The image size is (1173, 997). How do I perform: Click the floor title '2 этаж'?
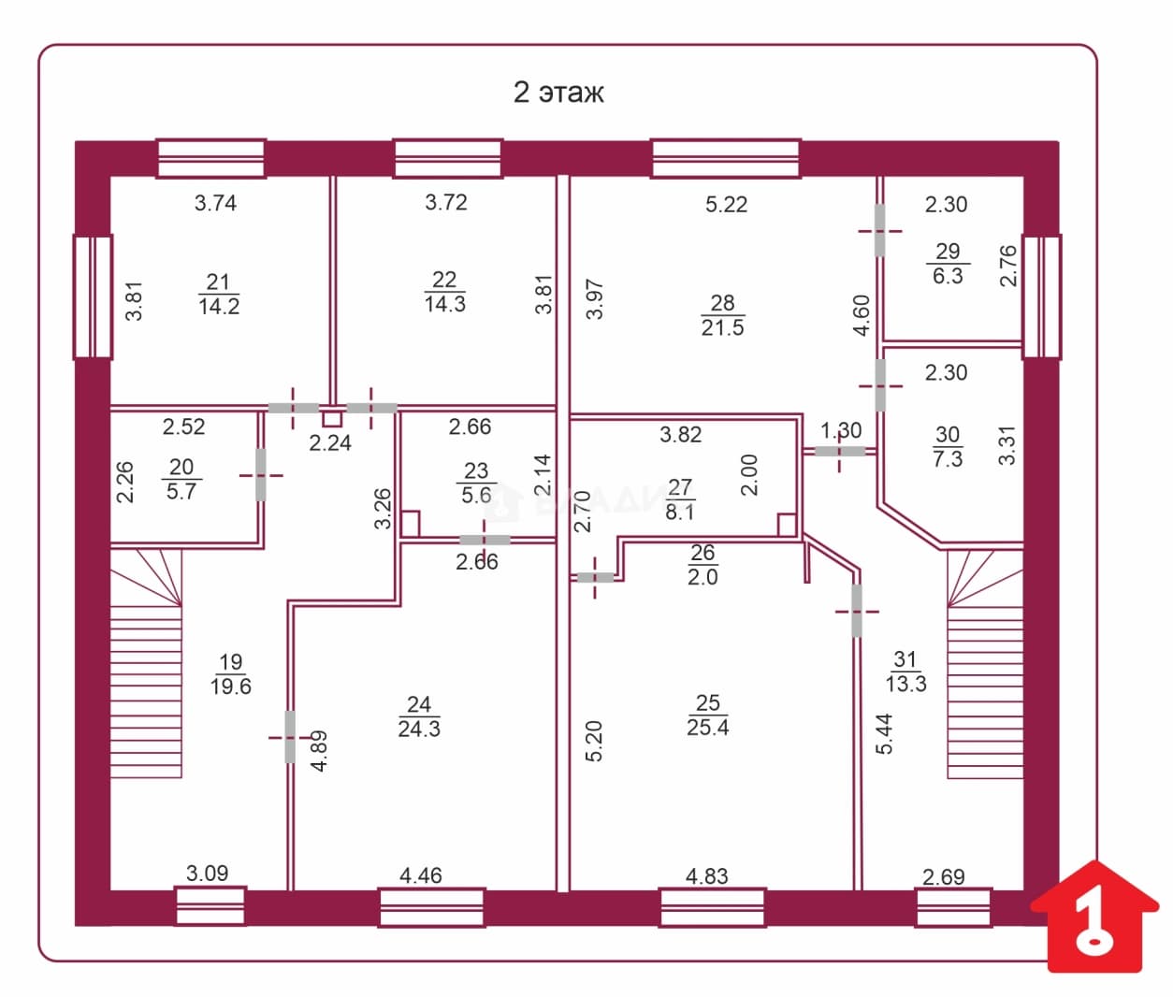point(558,93)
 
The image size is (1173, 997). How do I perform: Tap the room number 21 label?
point(218,282)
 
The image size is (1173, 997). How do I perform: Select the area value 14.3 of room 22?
point(445,304)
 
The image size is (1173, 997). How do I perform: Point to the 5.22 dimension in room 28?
point(727,204)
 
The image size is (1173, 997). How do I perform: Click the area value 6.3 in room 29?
point(948,276)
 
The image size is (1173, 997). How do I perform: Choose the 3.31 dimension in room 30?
point(1006,445)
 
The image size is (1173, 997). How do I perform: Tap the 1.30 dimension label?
point(841,430)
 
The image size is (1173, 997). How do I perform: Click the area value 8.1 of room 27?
point(679,513)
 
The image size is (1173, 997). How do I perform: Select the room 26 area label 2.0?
point(702,577)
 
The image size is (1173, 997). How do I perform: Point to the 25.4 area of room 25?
point(708,727)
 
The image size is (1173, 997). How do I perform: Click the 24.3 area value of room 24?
point(419,729)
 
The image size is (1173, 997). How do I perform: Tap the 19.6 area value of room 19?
point(230,686)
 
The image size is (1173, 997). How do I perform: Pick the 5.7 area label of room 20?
point(181,491)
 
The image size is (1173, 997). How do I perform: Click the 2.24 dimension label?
point(329,442)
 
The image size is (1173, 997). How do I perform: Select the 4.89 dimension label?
point(320,751)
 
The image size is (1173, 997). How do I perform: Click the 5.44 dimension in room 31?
point(884,733)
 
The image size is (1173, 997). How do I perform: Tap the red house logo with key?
point(1094,924)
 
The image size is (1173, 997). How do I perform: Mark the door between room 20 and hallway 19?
point(260,475)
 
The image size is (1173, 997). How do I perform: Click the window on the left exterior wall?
point(93,296)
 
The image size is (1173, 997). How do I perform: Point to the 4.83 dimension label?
point(706,876)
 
